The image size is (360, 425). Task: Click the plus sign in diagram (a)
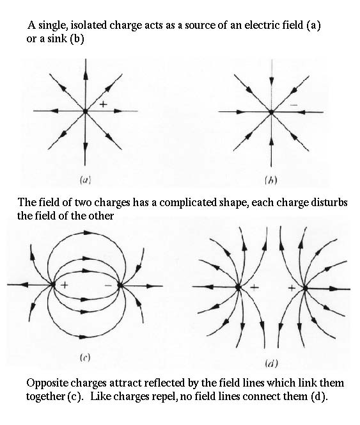[x=103, y=104]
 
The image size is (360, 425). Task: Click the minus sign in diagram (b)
[x=293, y=105]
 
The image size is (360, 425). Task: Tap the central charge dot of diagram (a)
[x=85, y=111]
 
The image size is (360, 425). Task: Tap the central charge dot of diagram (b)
[x=271, y=112]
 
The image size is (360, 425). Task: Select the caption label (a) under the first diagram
[x=85, y=180]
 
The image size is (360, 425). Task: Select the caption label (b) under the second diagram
[x=271, y=180]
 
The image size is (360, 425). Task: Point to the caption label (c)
[x=85, y=358]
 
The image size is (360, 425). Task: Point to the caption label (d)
[x=271, y=363]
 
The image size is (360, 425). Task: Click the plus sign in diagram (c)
[x=65, y=285]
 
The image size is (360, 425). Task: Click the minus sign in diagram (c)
[x=108, y=285]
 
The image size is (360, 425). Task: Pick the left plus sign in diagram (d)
[x=254, y=287]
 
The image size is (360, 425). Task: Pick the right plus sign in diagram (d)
[x=292, y=287]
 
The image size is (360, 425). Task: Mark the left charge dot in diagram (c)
[x=52, y=285]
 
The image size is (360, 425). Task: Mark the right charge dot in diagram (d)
[x=305, y=288]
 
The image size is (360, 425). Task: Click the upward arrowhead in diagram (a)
[x=86, y=75]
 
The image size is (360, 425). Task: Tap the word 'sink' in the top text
[x=57, y=38]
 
